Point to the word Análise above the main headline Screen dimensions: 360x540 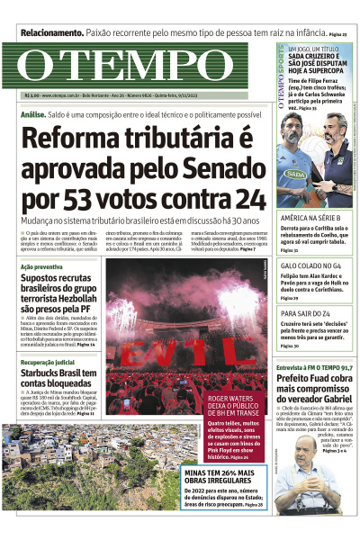[32, 116]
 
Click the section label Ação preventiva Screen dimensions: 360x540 [41, 267]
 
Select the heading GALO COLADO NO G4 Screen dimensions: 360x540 [310, 266]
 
